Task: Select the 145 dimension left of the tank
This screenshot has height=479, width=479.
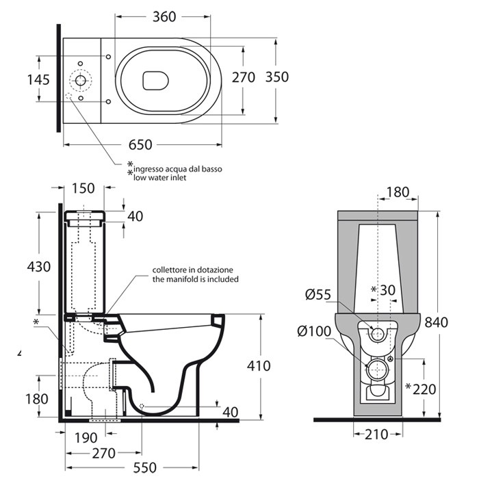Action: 38,80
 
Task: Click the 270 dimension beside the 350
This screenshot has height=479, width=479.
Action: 244,77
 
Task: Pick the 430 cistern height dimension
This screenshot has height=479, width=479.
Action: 38,266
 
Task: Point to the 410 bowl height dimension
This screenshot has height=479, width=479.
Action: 259,365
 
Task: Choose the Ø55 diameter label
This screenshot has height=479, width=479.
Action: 319,295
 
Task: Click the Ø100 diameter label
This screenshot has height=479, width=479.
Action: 314,332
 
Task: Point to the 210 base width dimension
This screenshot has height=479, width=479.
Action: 378,433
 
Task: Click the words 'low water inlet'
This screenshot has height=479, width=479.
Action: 159,177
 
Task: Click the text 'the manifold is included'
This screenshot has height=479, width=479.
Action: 195,279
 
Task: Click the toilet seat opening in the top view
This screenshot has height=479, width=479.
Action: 156,81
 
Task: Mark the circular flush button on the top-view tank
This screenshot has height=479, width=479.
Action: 81,80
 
